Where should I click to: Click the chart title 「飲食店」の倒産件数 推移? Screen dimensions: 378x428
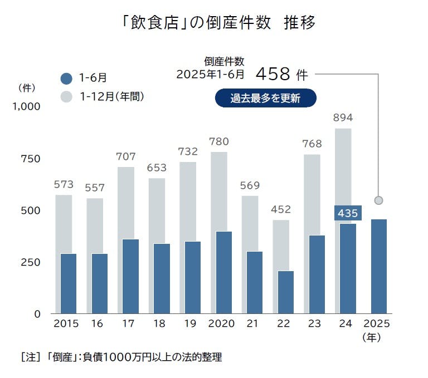tap(218, 23)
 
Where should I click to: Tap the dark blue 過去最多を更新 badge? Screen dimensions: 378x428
tap(265, 99)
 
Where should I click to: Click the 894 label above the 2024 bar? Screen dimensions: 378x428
tap(343, 117)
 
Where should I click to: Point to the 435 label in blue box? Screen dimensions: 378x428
tap(348, 213)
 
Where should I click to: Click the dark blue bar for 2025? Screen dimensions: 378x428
tap(378, 266)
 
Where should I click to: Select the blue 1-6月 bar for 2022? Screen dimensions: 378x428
tap(285, 292)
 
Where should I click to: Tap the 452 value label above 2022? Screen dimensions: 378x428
tap(281, 209)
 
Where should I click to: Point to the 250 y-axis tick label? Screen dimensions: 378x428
tap(30, 262)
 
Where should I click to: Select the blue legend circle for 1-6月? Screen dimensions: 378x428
tap(66, 78)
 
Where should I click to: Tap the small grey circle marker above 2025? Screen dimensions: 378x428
tap(378, 200)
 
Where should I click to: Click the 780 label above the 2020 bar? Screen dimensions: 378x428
tap(219, 141)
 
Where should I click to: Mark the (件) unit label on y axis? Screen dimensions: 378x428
tap(27, 87)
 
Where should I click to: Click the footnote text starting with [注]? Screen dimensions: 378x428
tap(121, 357)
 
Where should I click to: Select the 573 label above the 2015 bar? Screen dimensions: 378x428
tap(64, 184)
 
